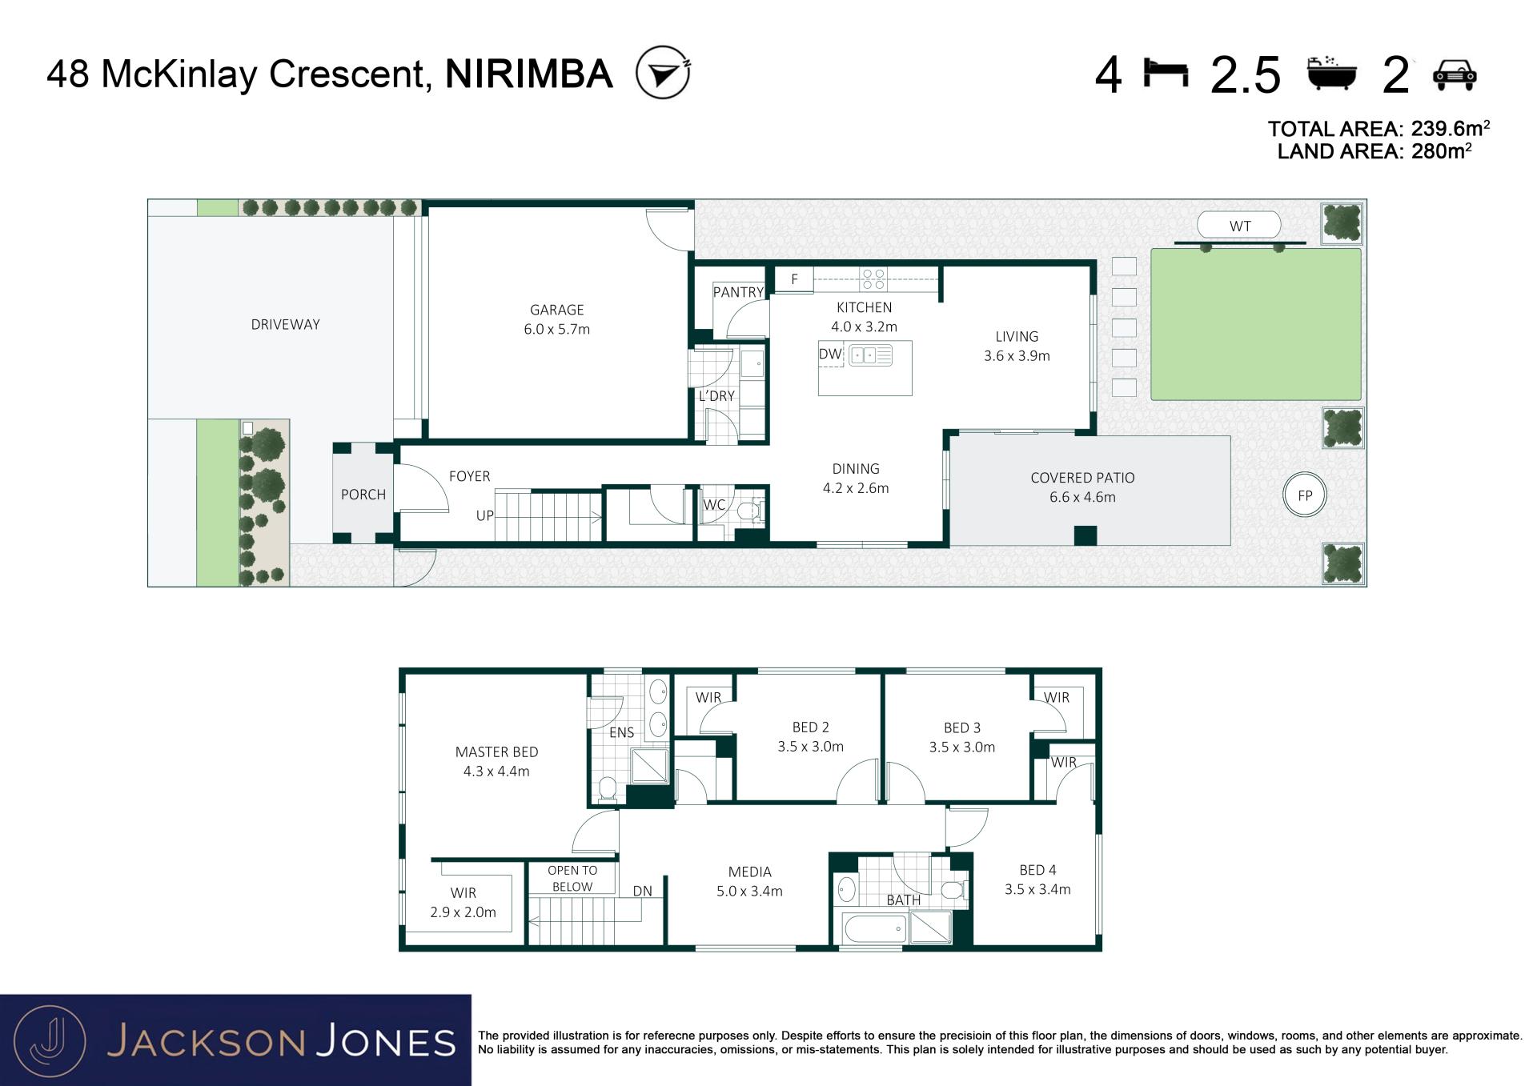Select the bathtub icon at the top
pyautogui.click(x=1332, y=74)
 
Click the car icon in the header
pyautogui.click(x=1455, y=74)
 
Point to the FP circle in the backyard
pyautogui.click(x=1305, y=495)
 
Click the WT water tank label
pyautogui.click(x=1240, y=226)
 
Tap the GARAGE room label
pyautogui.click(x=557, y=310)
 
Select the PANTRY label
pyautogui.click(x=738, y=292)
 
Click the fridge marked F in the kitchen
pyautogui.click(x=794, y=279)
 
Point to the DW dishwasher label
pyautogui.click(x=830, y=354)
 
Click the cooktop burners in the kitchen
pyautogui.click(x=873, y=279)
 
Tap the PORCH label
pyautogui.click(x=363, y=495)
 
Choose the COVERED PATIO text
pyautogui.click(x=1082, y=478)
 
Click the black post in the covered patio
pyautogui.click(x=1085, y=535)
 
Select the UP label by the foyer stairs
pyautogui.click(x=485, y=515)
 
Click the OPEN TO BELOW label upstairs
pyautogui.click(x=572, y=878)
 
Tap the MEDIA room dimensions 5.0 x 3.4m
pyautogui.click(x=749, y=891)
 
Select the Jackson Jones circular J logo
pyautogui.click(x=50, y=1040)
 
